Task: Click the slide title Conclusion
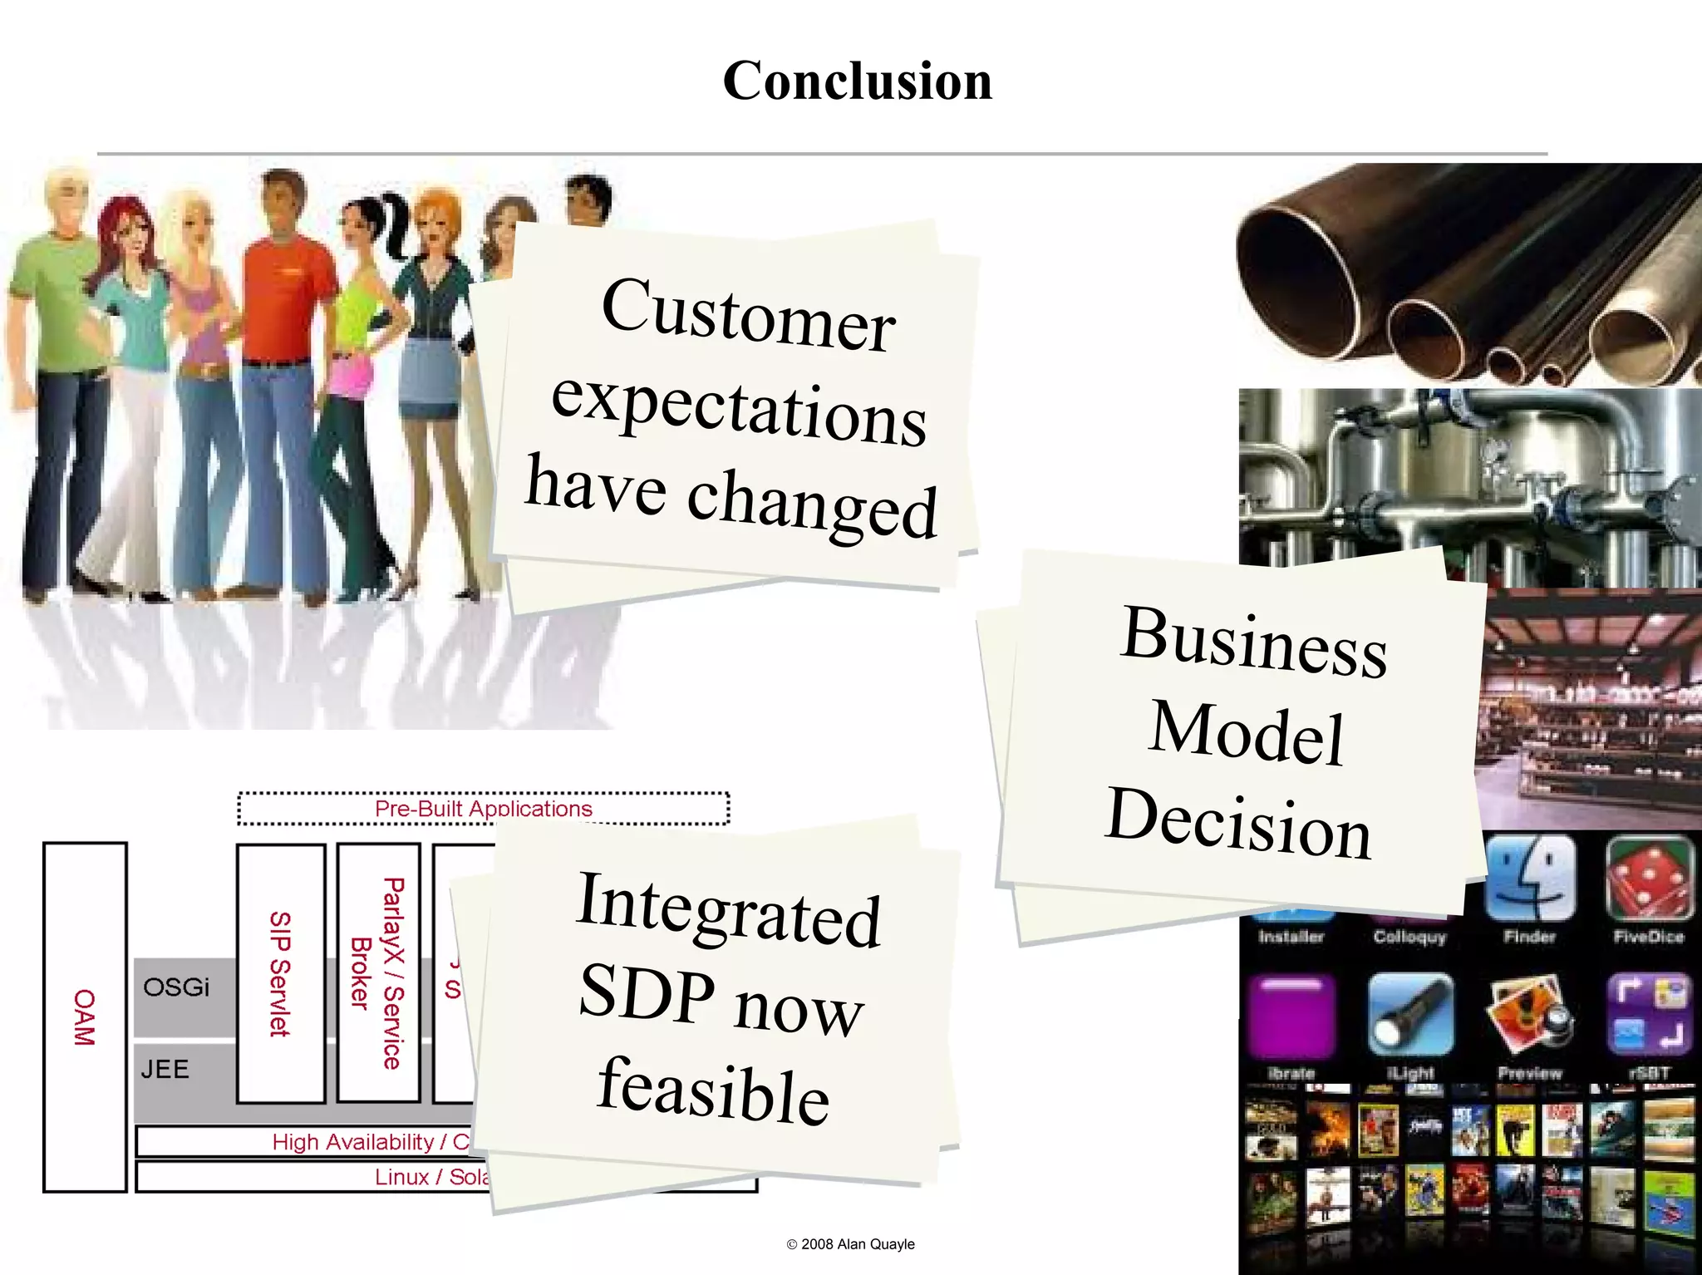[x=857, y=81]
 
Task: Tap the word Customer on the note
[x=748, y=316]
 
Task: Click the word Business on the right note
[x=1253, y=642]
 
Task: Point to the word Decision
[x=1238, y=823]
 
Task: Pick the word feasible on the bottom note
[x=713, y=1090]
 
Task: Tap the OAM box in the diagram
[x=85, y=1017]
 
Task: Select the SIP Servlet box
[x=280, y=973]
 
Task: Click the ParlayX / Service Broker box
[x=378, y=972]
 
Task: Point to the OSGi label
[x=176, y=987]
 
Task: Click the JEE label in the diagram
[x=165, y=1069]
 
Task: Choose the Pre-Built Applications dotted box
[x=483, y=808]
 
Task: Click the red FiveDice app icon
[x=1649, y=879]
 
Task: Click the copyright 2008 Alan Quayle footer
[x=850, y=1243]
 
